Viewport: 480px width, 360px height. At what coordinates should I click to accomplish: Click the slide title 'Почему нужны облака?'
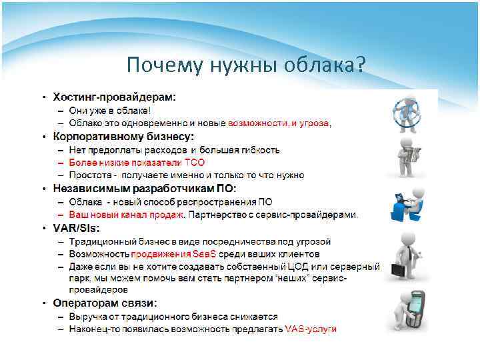pyautogui.click(x=246, y=65)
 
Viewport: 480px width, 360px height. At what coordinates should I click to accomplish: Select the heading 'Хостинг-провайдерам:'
pyautogui.click(x=115, y=97)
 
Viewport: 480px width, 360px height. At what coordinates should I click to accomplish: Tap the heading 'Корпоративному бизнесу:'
pyautogui.click(x=123, y=137)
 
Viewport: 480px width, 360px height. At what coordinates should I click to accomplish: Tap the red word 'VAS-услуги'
pyautogui.click(x=311, y=329)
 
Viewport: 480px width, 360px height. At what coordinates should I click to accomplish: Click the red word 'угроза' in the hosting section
pyautogui.click(x=317, y=123)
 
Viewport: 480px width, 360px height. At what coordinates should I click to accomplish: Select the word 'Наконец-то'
pyautogui.click(x=93, y=329)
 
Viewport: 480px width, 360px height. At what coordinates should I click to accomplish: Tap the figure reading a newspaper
pyautogui.click(x=407, y=157)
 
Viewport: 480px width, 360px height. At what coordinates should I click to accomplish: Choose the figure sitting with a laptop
pyautogui.click(x=407, y=203)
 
